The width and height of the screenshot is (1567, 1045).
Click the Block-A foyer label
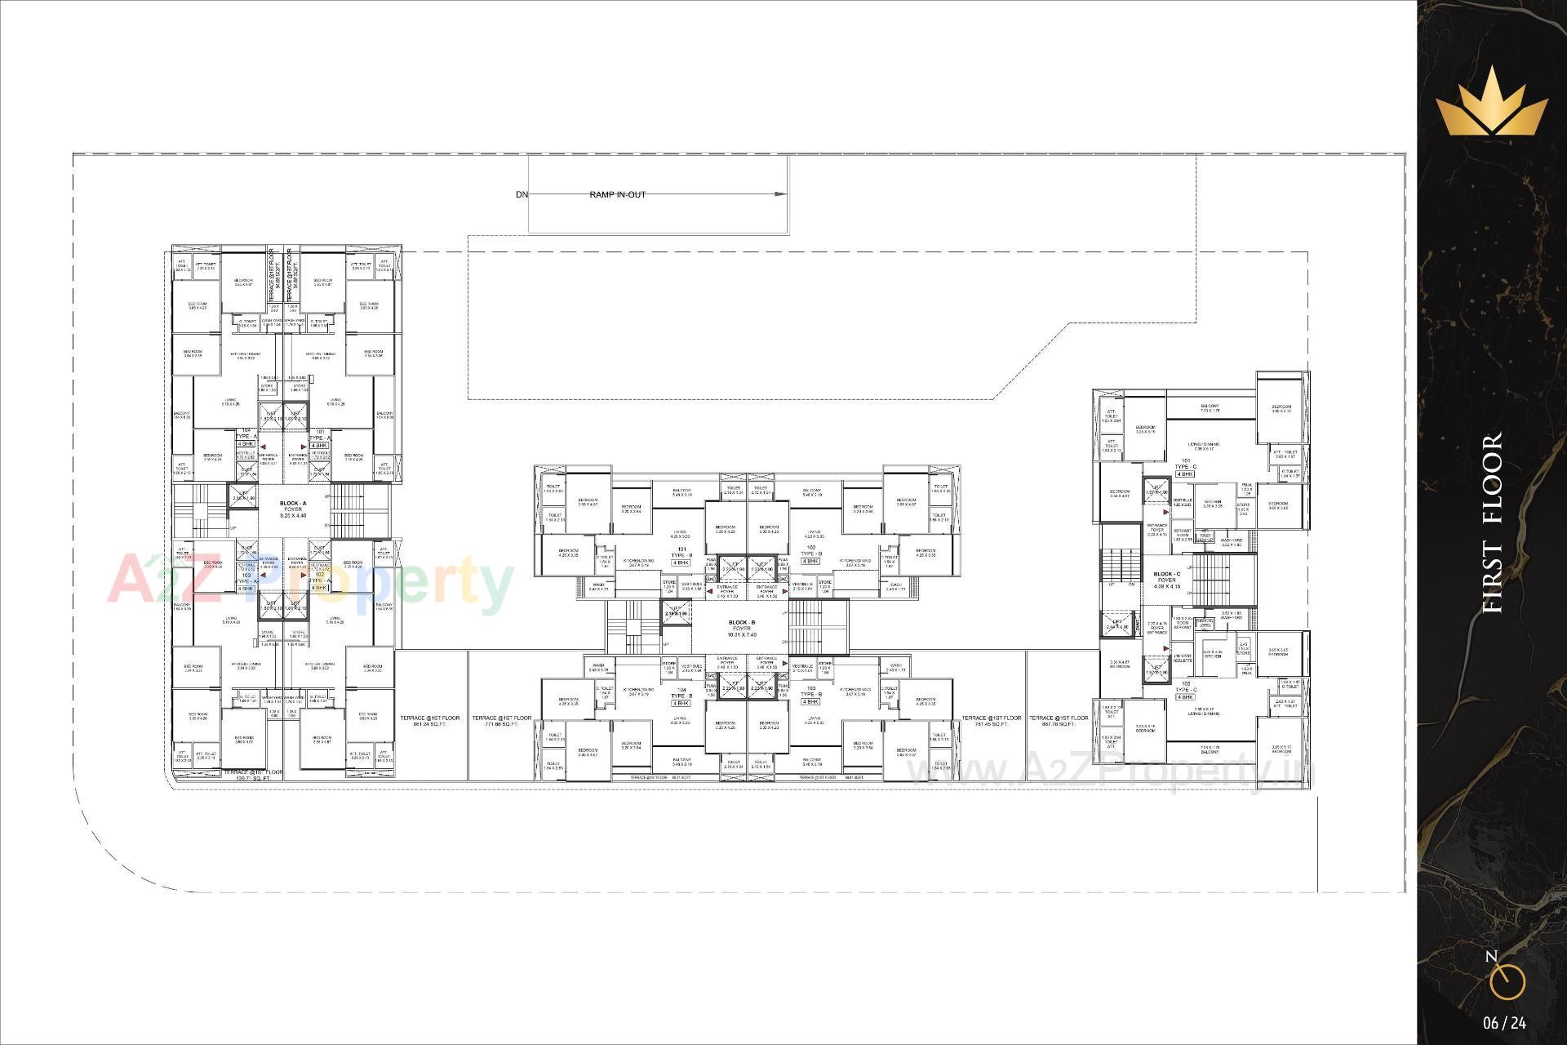point(293,509)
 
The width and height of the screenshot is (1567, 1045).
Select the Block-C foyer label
point(1166,580)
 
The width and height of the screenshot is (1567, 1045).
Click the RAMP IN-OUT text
point(617,194)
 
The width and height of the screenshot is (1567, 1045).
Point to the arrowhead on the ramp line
point(781,194)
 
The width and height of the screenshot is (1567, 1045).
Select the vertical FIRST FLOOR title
point(1491,522)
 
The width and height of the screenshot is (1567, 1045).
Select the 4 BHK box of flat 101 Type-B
point(680,563)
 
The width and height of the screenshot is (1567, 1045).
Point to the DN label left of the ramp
point(522,194)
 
